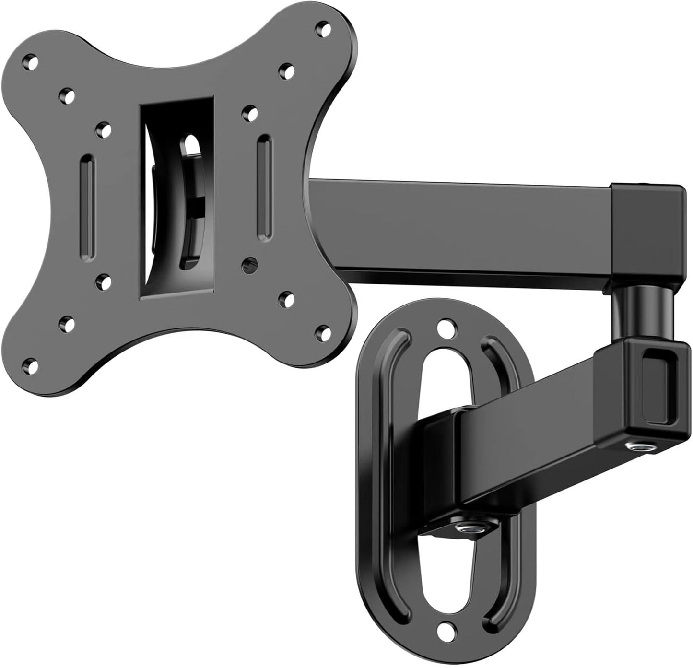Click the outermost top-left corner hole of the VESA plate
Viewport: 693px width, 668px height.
32,61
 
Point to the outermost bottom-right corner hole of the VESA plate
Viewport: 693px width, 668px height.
325,331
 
